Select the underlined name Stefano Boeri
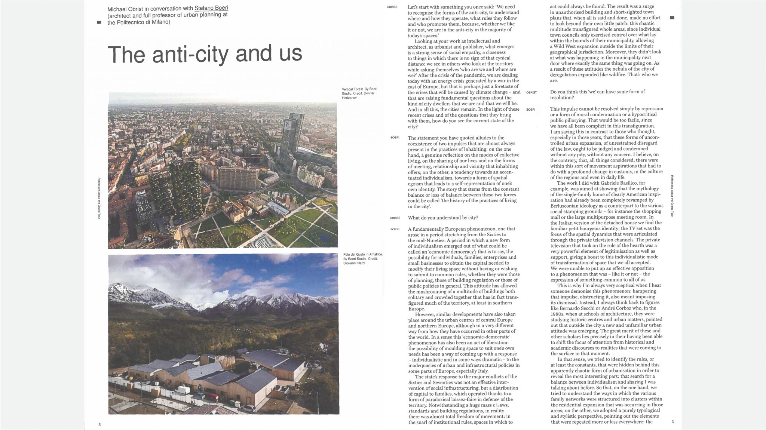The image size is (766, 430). [211, 8]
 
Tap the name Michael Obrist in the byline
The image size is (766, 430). [126, 9]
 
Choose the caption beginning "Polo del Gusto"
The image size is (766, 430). [362, 259]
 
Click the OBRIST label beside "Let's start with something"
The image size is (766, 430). [392, 7]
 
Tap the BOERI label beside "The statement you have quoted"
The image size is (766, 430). [395, 138]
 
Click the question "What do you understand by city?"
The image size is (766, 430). [443, 218]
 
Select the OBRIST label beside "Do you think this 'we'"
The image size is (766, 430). [531, 92]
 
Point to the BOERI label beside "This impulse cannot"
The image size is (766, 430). [531, 109]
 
